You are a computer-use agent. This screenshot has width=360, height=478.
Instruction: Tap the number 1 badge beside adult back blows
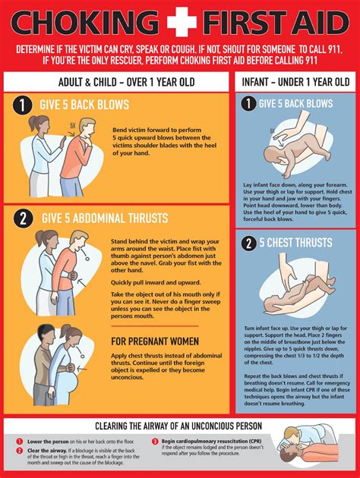(x=23, y=105)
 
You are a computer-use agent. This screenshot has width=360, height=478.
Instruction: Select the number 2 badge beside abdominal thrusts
(x=23, y=219)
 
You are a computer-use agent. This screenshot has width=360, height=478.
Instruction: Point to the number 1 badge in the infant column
(x=247, y=103)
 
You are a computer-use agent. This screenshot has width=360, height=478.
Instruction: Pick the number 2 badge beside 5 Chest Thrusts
(x=247, y=244)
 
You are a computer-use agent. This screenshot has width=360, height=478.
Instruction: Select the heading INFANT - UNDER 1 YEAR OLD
(x=295, y=81)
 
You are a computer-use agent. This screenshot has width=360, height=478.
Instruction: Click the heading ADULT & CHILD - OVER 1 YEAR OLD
(x=115, y=81)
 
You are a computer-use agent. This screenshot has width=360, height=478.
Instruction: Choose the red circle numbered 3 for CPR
(x=156, y=441)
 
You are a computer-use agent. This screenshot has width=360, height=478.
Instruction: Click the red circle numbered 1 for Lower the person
(x=19, y=441)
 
